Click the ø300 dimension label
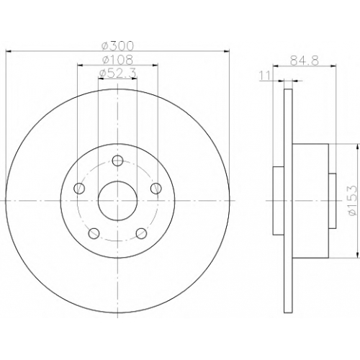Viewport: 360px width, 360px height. [117, 46]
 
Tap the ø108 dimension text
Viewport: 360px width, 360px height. [117, 60]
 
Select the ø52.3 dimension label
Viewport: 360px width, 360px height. [117, 73]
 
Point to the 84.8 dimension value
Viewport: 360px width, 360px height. [305, 60]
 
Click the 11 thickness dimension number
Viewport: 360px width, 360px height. [265, 76]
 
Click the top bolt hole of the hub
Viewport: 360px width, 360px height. [117, 161]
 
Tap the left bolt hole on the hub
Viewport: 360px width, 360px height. [79, 188]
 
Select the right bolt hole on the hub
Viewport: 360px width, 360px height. [156, 188]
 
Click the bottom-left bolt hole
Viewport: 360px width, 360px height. [94, 233]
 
